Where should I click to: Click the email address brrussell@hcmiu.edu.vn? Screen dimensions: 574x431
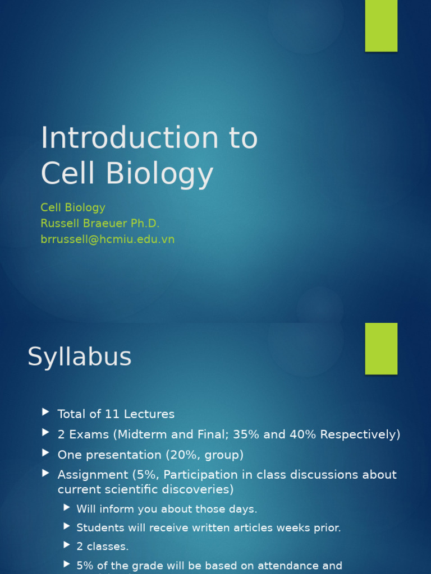tap(107, 239)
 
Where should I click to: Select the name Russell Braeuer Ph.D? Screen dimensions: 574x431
tap(100, 223)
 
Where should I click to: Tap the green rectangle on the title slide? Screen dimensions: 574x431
tap(381, 26)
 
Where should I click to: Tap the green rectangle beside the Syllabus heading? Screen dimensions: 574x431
tap(381, 348)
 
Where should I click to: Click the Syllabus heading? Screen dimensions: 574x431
tap(79, 357)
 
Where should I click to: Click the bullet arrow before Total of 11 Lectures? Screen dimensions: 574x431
tap(45, 413)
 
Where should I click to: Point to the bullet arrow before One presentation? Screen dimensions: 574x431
tap(45, 453)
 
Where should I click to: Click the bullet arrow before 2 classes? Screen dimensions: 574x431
tap(67, 545)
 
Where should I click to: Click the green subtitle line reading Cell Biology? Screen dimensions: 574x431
tap(73, 207)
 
